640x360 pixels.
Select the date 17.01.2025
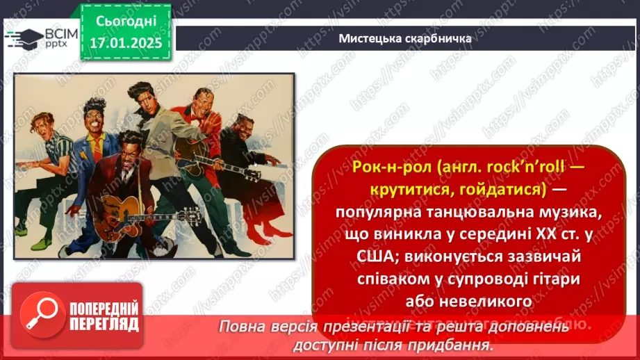click(x=127, y=43)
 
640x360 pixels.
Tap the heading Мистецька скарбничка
click(x=405, y=38)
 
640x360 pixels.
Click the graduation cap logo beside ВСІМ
click(x=22, y=38)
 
